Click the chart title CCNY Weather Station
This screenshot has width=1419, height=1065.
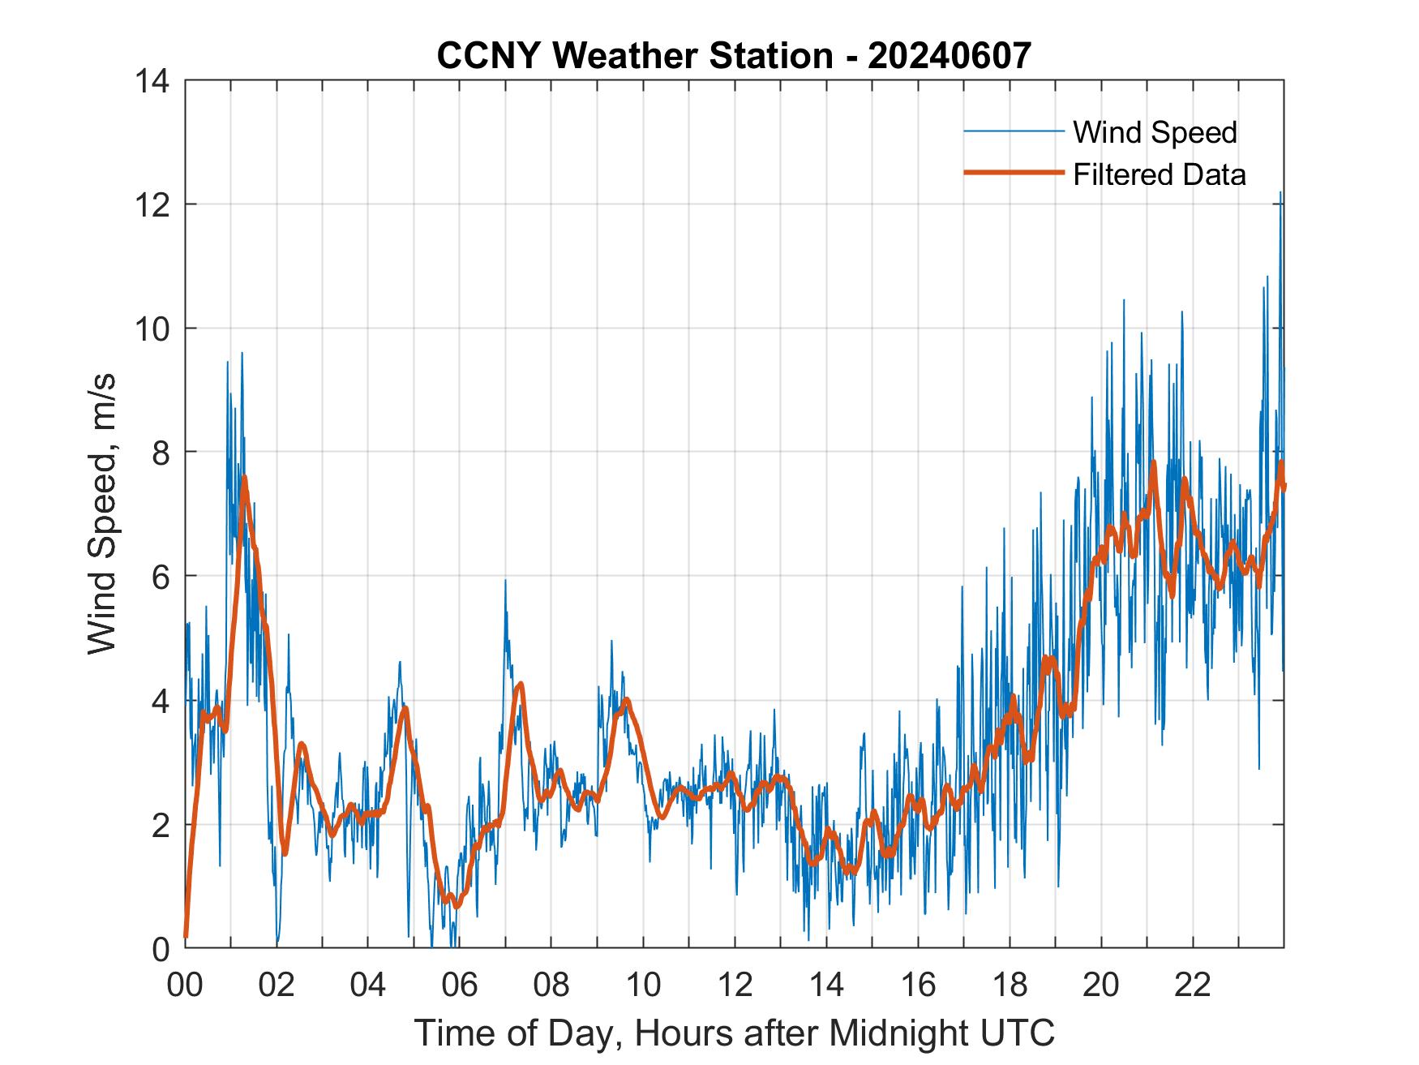point(734,56)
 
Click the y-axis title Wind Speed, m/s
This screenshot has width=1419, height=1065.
point(102,513)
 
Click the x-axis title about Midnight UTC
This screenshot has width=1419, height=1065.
point(734,1033)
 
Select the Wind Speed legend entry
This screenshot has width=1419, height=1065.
point(1155,132)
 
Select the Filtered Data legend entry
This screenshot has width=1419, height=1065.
point(1159,174)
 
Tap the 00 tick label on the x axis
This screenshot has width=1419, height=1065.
point(185,985)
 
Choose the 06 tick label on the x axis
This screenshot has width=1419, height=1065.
point(460,985)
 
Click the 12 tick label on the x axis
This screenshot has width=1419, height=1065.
point(735,985)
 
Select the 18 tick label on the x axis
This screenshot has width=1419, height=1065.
point(1010,985)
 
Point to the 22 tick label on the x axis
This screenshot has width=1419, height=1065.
point(1193,985)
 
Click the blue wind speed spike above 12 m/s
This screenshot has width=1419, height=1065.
point(1280,195)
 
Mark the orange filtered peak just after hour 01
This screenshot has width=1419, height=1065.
point(244,479)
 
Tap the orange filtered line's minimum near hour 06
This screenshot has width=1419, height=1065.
point(457,905)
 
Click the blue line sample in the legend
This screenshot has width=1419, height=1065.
point(1013,131)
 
